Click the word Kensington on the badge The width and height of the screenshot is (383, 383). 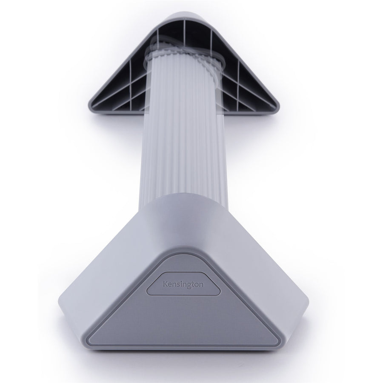point(183,285)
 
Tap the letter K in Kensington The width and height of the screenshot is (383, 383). point(165,284)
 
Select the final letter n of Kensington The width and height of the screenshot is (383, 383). point(201,285)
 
